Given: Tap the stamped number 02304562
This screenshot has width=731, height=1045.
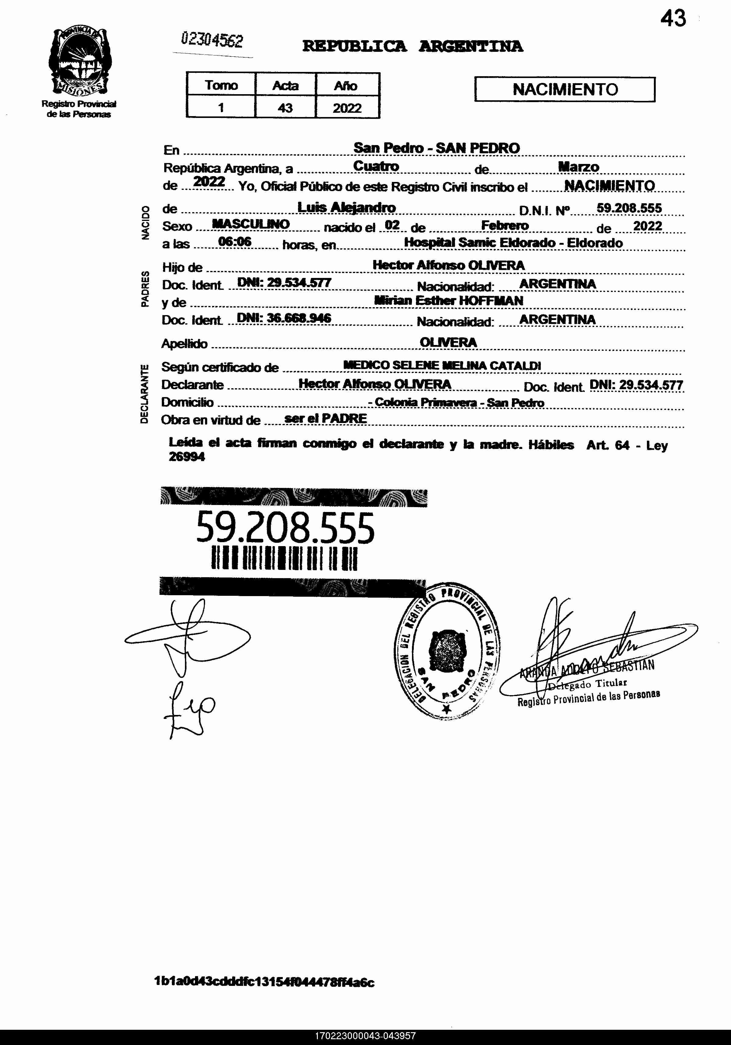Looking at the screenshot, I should coord(212,41).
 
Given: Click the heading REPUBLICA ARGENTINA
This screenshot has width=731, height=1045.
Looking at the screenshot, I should coord(412,46).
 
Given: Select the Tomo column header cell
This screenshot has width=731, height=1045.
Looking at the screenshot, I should coord(221,85).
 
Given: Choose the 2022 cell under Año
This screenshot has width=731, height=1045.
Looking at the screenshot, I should coord(347,108).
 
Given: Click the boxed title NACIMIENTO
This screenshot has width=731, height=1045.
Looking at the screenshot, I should coord(565,89).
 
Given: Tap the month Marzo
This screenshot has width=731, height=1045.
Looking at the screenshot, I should coord(578,167).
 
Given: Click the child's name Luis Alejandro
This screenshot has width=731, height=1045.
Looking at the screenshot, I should coord(346,208).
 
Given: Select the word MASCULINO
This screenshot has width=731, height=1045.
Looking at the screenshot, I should coord(251,224).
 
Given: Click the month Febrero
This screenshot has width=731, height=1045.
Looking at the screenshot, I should coord(505,225).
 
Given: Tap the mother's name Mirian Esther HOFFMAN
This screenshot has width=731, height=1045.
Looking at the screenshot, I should coord(448,300).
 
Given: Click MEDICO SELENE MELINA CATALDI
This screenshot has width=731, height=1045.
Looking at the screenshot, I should coord(442,365).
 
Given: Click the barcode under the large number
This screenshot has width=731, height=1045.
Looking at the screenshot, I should coord(285,558).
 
